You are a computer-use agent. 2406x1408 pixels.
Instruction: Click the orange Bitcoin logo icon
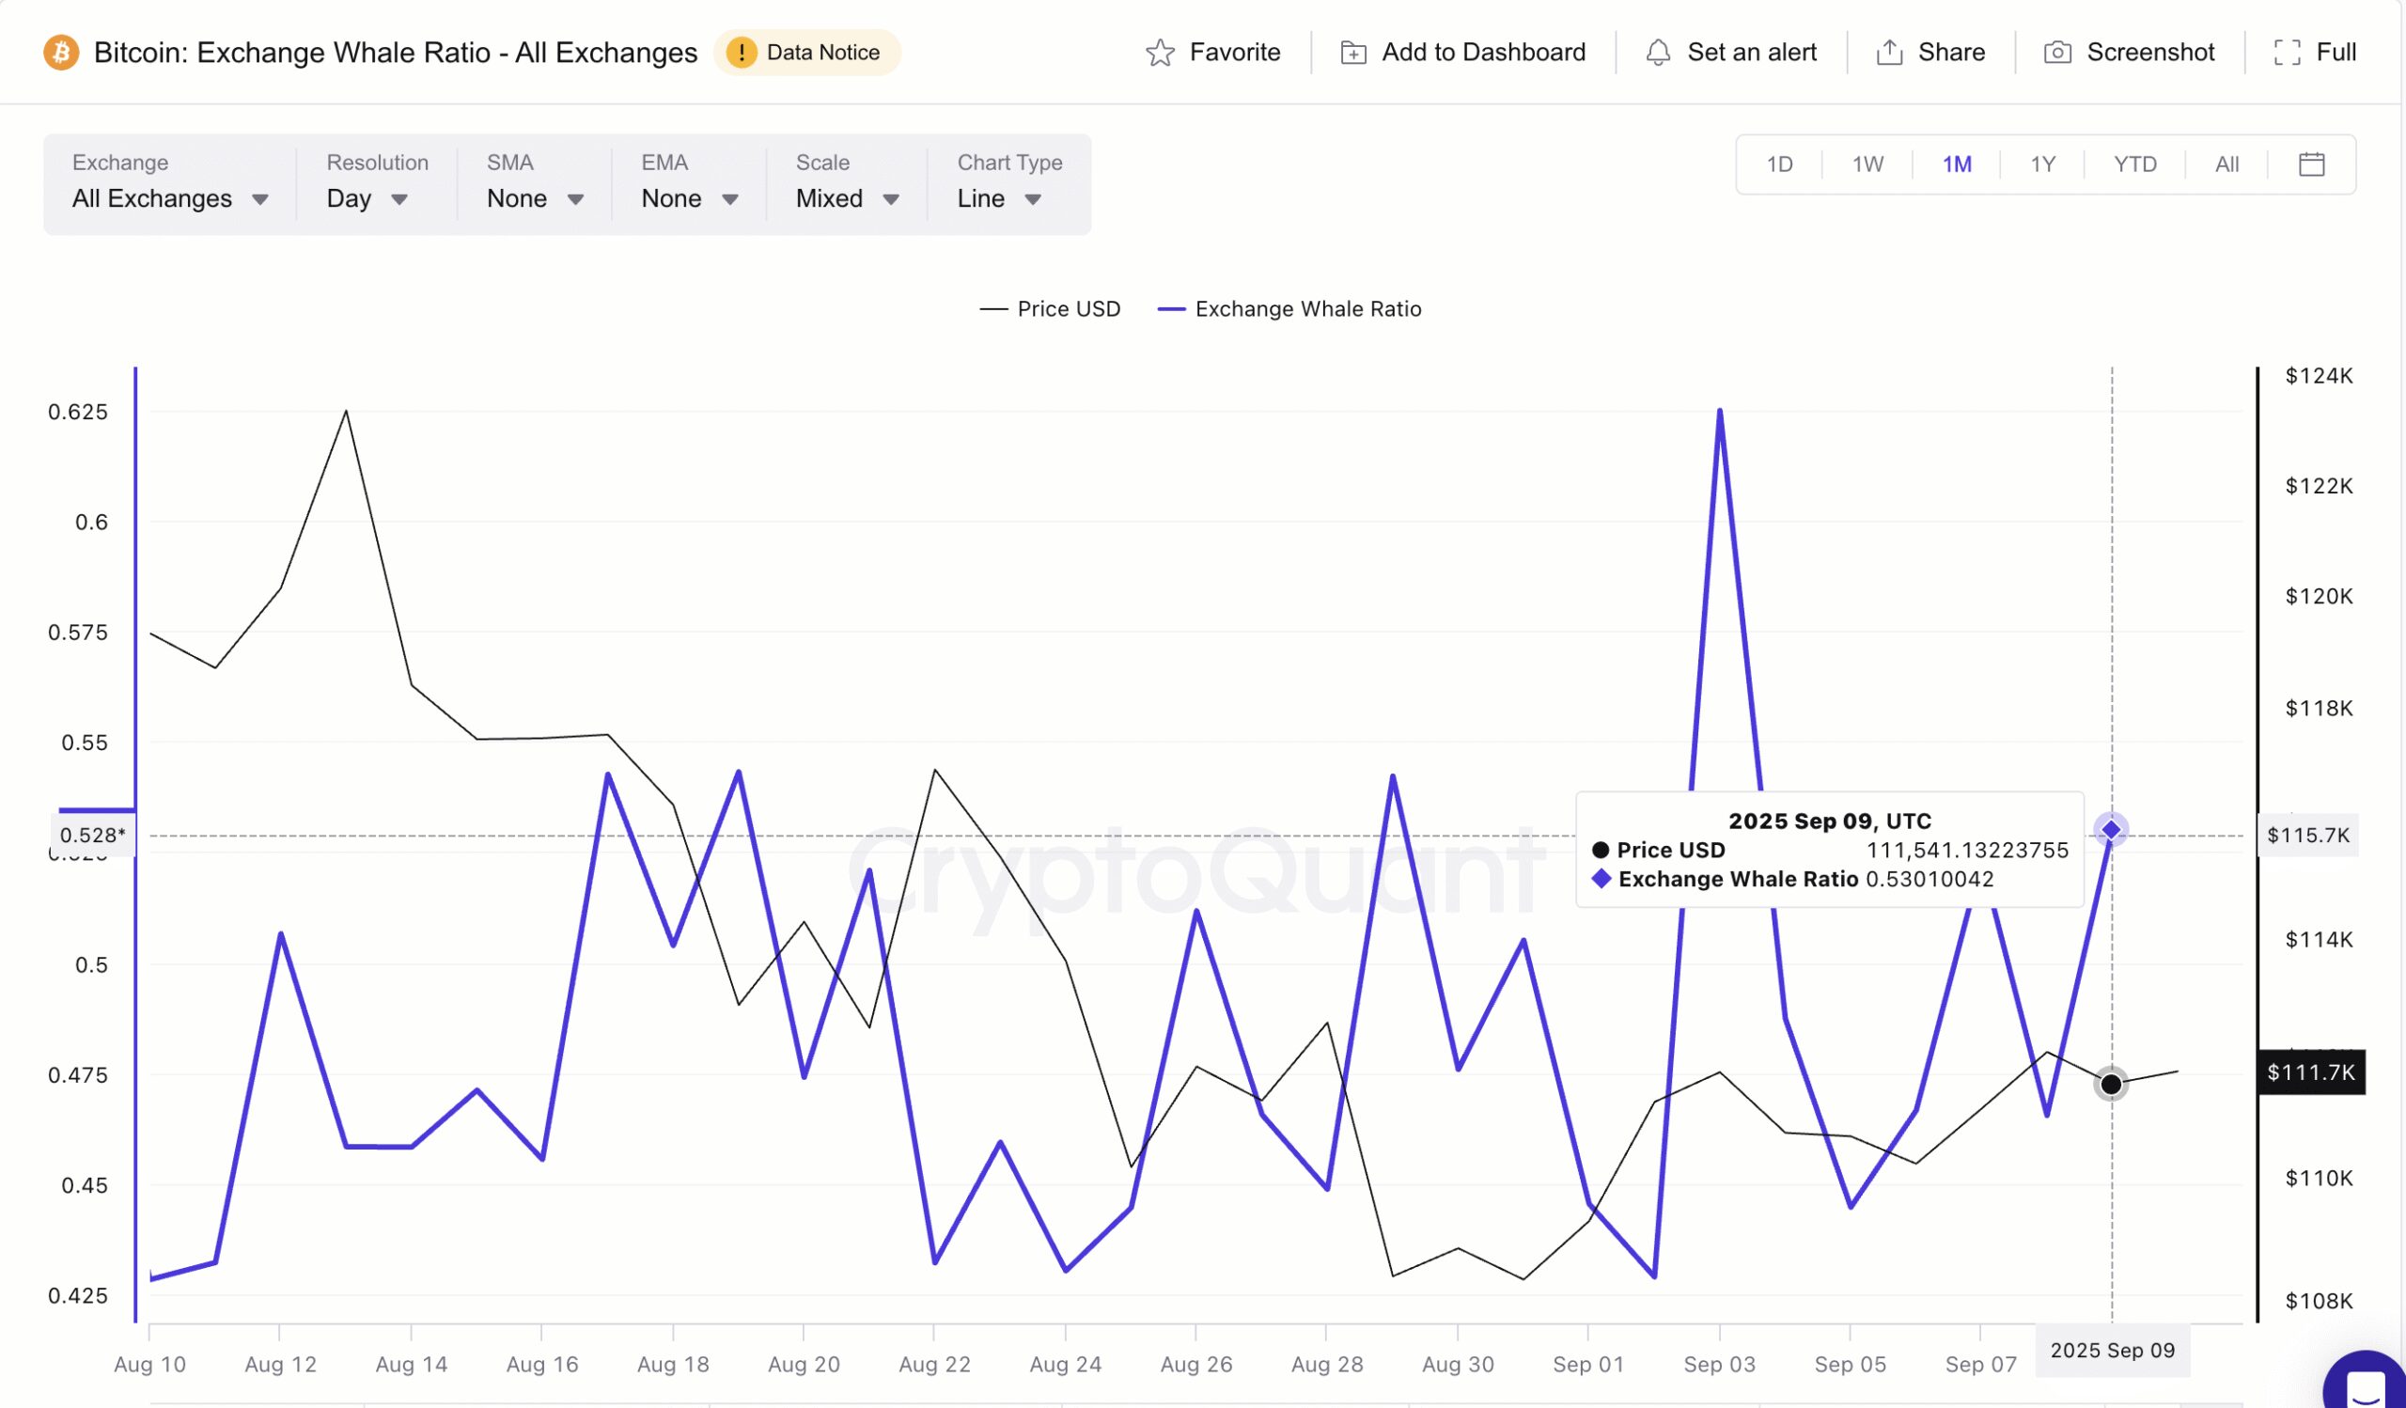(61, 52)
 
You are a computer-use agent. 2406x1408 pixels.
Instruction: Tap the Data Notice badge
(806, 53)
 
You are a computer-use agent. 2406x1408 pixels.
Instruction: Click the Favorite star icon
(1160, 53)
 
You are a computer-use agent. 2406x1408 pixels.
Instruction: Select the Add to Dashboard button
(1462, 53)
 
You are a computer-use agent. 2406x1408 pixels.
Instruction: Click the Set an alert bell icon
(1659, 53)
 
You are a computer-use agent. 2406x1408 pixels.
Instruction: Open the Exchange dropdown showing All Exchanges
(170, 198)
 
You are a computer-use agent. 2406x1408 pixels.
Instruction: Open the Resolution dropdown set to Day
(367, 198)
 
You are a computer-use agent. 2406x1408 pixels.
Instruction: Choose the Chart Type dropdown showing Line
(999, 198)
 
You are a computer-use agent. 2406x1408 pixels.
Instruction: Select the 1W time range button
(1867, 164)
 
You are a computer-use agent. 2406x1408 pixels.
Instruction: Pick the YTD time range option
(2134, 164)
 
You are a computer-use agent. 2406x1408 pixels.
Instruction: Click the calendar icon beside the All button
(2311, 164)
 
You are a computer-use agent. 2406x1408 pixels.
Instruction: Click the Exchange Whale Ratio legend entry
(1289, 309)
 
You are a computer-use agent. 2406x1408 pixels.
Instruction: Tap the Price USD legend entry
(1050, 309)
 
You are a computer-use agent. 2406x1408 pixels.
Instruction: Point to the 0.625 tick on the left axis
(78, 412)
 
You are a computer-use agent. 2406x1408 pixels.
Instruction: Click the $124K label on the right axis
(2319, 376)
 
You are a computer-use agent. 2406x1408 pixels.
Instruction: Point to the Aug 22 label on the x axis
(934, 1364)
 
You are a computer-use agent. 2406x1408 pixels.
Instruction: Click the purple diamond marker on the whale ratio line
(2111, 830)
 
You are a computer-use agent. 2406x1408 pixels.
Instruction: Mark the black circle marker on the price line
(2111, 1085)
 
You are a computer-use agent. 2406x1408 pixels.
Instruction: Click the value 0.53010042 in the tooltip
(1929, 879)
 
